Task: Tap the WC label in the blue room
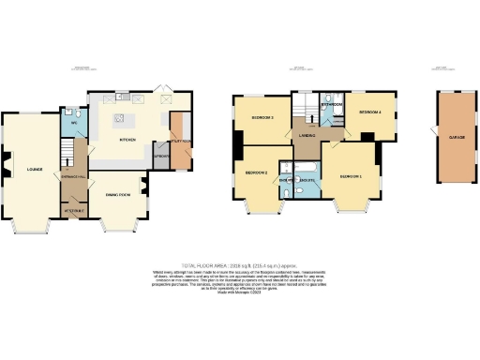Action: pyautogui.click(x=72, y=123)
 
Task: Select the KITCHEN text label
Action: pyautogui.click(x=128, y=140)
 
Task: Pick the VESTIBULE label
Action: pyautogui.click(x=73, y=210)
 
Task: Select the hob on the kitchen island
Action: pyautogui.click(x=119, y=118)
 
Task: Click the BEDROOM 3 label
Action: pyautogui.click(x=262, y=117)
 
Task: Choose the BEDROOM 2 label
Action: pyautogui.click(x=257, y=173)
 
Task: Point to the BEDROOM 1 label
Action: pyautogui.click(x=351, y=176)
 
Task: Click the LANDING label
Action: pyautogui.click(x=307, y=137)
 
